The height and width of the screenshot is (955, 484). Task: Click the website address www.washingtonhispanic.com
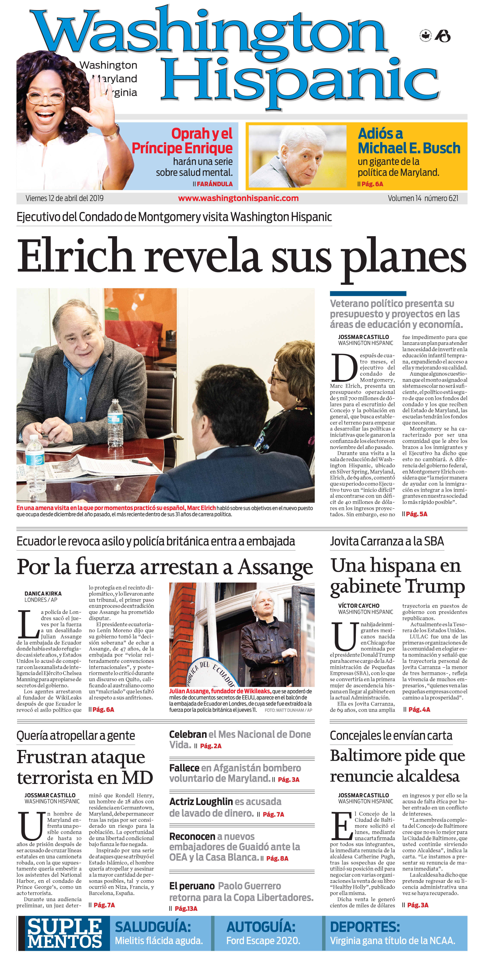(238, 198)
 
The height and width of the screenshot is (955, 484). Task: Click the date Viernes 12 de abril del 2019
(64, 198)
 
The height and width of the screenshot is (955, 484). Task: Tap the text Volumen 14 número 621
(423, 198)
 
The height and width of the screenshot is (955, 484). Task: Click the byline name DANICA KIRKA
(43, 593)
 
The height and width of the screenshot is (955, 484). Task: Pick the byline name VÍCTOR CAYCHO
(359, 606)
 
